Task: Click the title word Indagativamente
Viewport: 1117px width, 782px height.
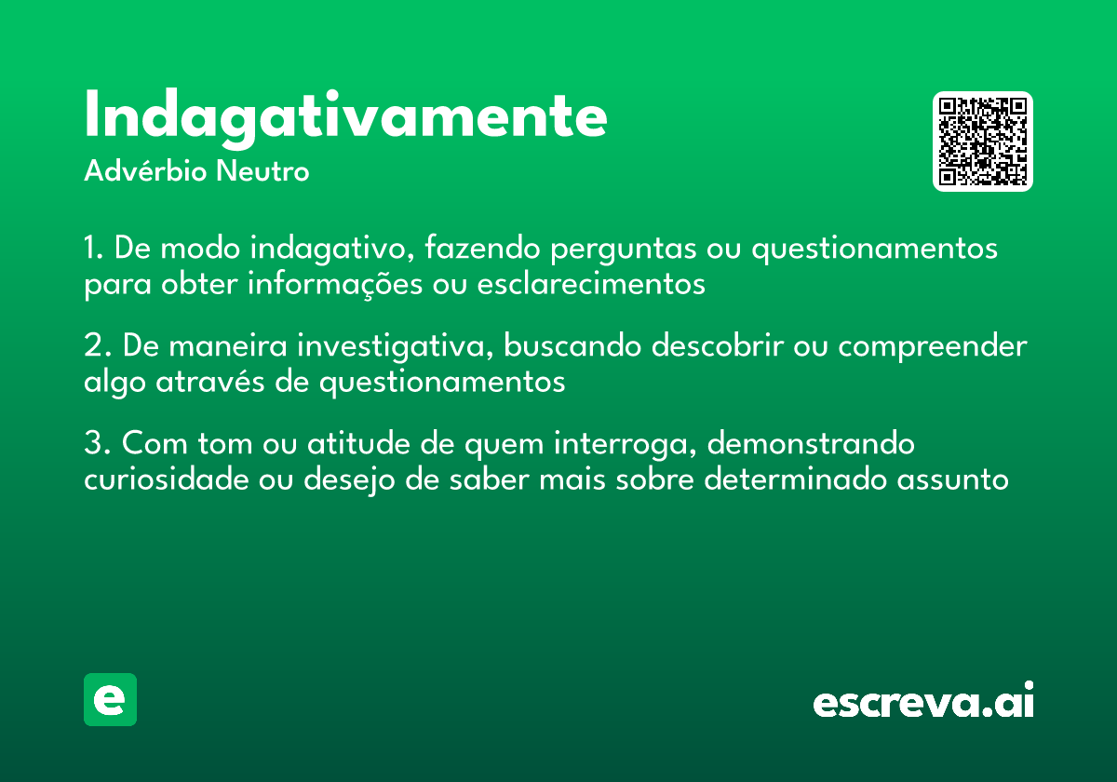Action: [x=345, y=115]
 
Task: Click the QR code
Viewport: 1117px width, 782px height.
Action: [x=983, y=142]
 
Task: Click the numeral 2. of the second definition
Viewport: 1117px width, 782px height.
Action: [x=94, y=346]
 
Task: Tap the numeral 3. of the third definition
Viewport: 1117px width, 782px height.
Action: [x=94, y=444]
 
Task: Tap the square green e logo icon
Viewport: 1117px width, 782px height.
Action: [x=110, y=699]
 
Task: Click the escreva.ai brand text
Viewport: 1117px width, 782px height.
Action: [x=923, y=702]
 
